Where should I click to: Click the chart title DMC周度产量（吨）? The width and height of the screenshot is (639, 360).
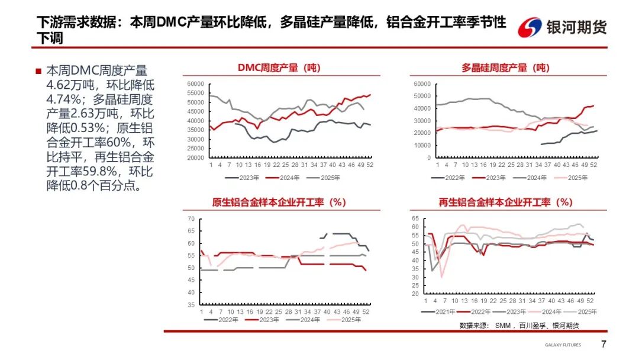(x=278, y=68)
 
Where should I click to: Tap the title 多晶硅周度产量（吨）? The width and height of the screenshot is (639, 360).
(x=505, y=68)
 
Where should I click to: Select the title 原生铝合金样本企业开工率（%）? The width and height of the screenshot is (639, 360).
(x=279, y=202)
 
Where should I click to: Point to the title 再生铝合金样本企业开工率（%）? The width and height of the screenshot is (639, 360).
(x=505, y=202)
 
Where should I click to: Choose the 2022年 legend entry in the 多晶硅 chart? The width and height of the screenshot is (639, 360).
(x=454, y=177)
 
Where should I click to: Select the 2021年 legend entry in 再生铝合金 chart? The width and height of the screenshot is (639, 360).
(x=443, y=311)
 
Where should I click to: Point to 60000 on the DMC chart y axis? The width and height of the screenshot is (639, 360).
(x=195, y=83)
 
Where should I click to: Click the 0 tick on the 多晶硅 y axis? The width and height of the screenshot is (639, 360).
(x=429, y=158)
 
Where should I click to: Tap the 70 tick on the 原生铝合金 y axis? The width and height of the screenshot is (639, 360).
(x=191, y=219)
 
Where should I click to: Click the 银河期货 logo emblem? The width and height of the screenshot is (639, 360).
(x=530, y=27)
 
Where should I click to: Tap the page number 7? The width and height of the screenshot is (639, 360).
(x=603, y=345)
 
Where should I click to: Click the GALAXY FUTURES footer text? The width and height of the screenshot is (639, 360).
(x=563, y=345)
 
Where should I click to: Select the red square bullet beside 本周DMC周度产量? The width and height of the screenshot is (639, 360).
(x=38, y=70)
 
